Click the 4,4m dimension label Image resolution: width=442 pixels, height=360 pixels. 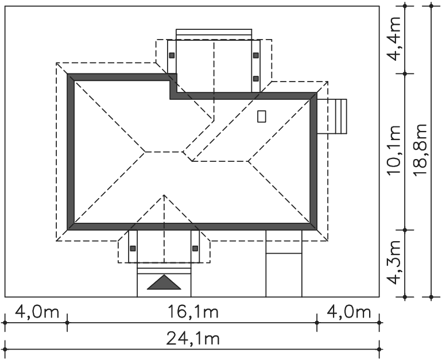pyautogui.click(x=394, y=39)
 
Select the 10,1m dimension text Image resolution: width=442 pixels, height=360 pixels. pyautogui.click(x=394, y=150)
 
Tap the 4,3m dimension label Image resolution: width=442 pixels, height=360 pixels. pyautogui.click(x=394, y=262)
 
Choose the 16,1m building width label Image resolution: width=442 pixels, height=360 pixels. pyautogui.click(x=193, y=312)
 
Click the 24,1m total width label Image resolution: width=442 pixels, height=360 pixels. pyautogui.click(x=193, y=338)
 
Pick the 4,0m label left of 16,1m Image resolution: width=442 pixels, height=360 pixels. pyautogui.click(x=37, y=312)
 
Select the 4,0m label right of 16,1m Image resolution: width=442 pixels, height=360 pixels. pyautogui.click(x=348, y=312)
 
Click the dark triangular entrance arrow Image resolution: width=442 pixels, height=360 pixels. pyautogui.click(x=164, y=282)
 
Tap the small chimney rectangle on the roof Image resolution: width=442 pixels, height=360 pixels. pyautogui.click(x=262, y=116)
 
